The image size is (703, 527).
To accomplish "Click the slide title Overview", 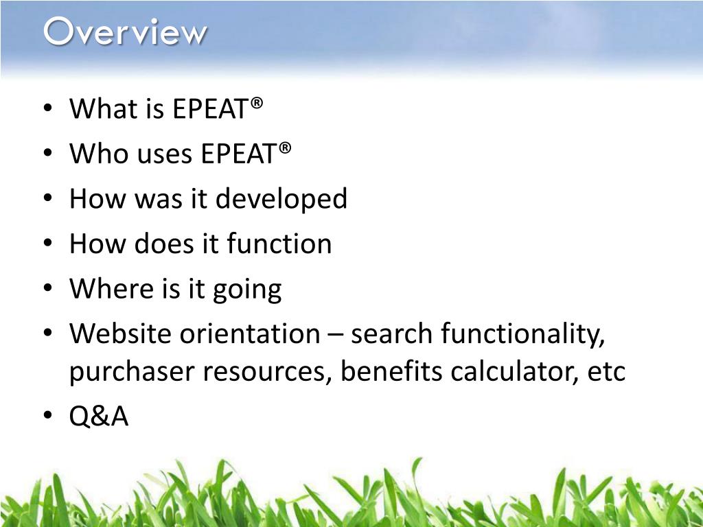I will [125, 32].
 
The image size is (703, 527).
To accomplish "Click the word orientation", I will [250, 334].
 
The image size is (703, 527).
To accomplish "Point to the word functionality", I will [523, 335].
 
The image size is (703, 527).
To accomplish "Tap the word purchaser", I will [131, 373].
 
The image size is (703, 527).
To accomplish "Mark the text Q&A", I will [99, 417].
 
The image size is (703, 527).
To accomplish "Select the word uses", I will [164, 154].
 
